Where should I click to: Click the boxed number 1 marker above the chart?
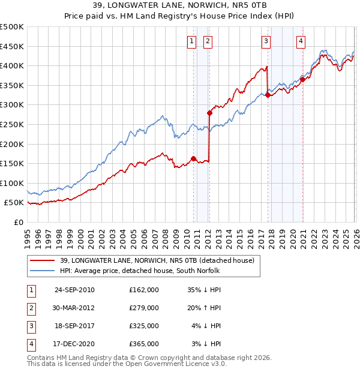click(191, 41)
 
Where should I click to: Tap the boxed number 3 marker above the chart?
click(265, 41)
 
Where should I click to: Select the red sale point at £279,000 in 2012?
click(209, 113)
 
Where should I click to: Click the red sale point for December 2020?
click(302, 79)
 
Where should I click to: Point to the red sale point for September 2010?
click(193, 158)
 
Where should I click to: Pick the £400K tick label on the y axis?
click(11, 66)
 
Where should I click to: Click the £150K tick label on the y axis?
click(11, 163)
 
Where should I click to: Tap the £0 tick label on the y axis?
click(17, 222)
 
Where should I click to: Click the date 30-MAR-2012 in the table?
click(74, 308)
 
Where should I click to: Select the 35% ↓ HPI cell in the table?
click(205, 290)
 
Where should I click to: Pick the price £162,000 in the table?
click(143, 290)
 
